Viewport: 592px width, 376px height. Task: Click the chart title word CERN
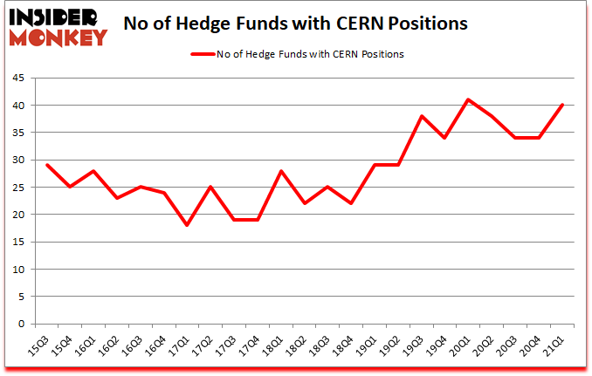[x=348, y=23]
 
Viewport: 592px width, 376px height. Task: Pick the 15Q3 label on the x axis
[x=38, y=345]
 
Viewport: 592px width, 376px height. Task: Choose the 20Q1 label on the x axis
[x=462, y=345]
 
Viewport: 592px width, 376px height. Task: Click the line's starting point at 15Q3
[x=47, y=164]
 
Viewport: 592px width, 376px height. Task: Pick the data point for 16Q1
[x=92, y=170]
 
